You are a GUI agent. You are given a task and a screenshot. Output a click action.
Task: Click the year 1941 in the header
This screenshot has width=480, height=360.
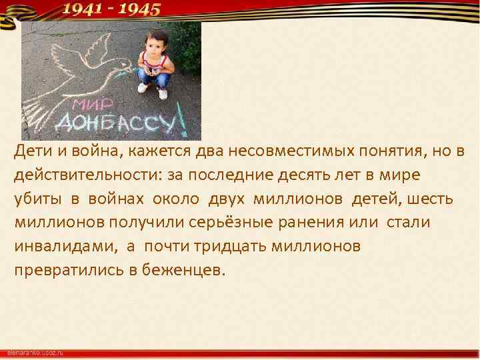click(84, 9)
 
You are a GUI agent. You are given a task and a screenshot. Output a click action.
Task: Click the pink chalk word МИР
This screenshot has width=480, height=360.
click(94, 106)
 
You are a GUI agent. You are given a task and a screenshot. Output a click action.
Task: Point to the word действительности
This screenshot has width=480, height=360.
click(73, 175)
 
